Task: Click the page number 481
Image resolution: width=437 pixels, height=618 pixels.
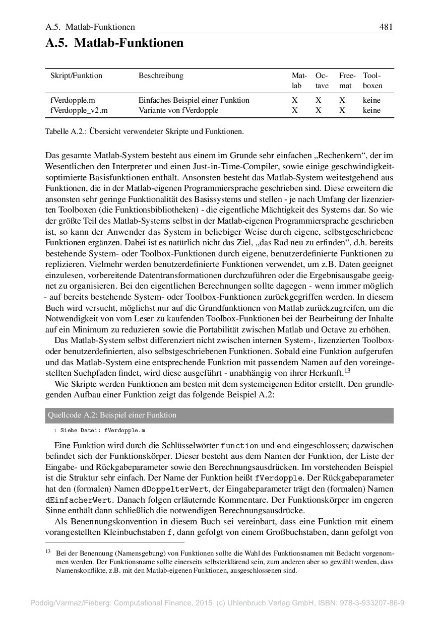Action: coord(386,27)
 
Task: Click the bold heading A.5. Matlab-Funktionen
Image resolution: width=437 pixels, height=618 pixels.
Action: coord(114,43)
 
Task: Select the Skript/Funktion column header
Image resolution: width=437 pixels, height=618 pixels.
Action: coord(76,76)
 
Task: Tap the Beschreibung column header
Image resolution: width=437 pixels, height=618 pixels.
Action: coord(161,76)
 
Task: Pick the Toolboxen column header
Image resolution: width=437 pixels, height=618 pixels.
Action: coord(372,81)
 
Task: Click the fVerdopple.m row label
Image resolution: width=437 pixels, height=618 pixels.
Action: coord(73,100)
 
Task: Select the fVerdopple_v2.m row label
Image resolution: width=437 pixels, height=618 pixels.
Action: coord(79,110)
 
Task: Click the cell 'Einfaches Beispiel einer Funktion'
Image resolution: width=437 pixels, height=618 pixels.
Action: coord(194,100)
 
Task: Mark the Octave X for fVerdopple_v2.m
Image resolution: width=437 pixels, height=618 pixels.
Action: coord(319,110)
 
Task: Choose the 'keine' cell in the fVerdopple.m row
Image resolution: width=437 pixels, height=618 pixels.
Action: coord(371,100)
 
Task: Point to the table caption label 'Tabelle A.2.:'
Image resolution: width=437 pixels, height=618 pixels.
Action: coord(63,132)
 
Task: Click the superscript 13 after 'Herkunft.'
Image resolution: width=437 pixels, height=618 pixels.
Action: coord(347,372)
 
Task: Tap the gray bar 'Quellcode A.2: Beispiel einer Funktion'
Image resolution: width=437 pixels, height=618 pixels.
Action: coord(219,416)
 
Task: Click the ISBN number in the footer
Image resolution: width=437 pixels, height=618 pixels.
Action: coord(375,603)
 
